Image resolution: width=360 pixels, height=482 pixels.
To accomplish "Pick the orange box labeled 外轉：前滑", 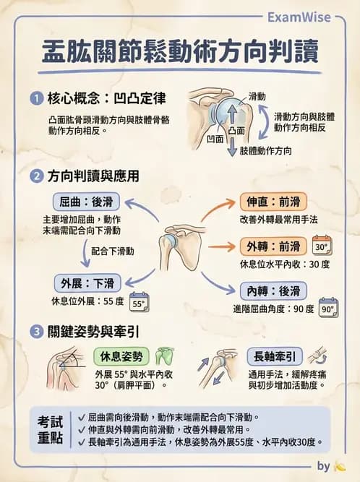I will pyautogui.click(x=273, y=246).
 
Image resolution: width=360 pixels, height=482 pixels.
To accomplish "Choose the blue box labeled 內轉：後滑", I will pyautogui.click(x=273, y=291).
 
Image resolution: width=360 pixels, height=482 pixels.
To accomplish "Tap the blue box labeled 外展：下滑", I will pyautogui.click(x=87, y=283).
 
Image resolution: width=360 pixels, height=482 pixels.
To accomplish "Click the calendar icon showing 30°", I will pyautogui.click(x=322, y=246).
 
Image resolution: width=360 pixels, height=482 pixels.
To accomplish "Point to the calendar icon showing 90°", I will pyautogui.click(x=328, y=308).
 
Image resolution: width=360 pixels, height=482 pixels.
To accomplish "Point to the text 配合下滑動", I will pyautogui.click(x=113, y=250).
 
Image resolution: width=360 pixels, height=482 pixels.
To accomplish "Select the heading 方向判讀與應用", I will pyautogui.click(x=93, y=176).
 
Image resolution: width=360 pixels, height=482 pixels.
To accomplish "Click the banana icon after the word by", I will pyautogui.click(x=340, y=466).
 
